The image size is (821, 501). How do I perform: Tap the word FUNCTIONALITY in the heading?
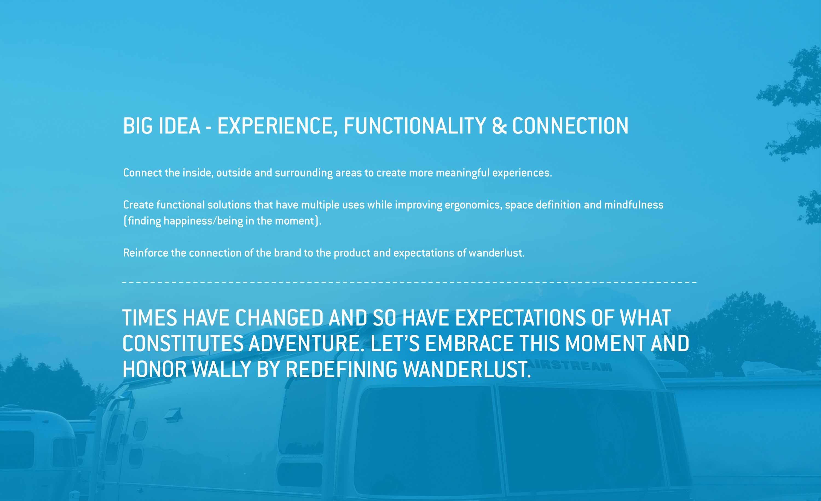[415, 126]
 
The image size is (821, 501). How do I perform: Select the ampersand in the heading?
[499, 126]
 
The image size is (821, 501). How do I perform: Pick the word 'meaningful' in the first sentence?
[462, 173]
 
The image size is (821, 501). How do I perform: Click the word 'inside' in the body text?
[198, 173]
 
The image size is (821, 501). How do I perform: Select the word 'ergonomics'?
[473, 205]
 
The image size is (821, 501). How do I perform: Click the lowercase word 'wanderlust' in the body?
[496, 253]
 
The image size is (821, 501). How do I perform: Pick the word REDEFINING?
[341, 369]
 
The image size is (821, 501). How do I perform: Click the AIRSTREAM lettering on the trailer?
[571, 365]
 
